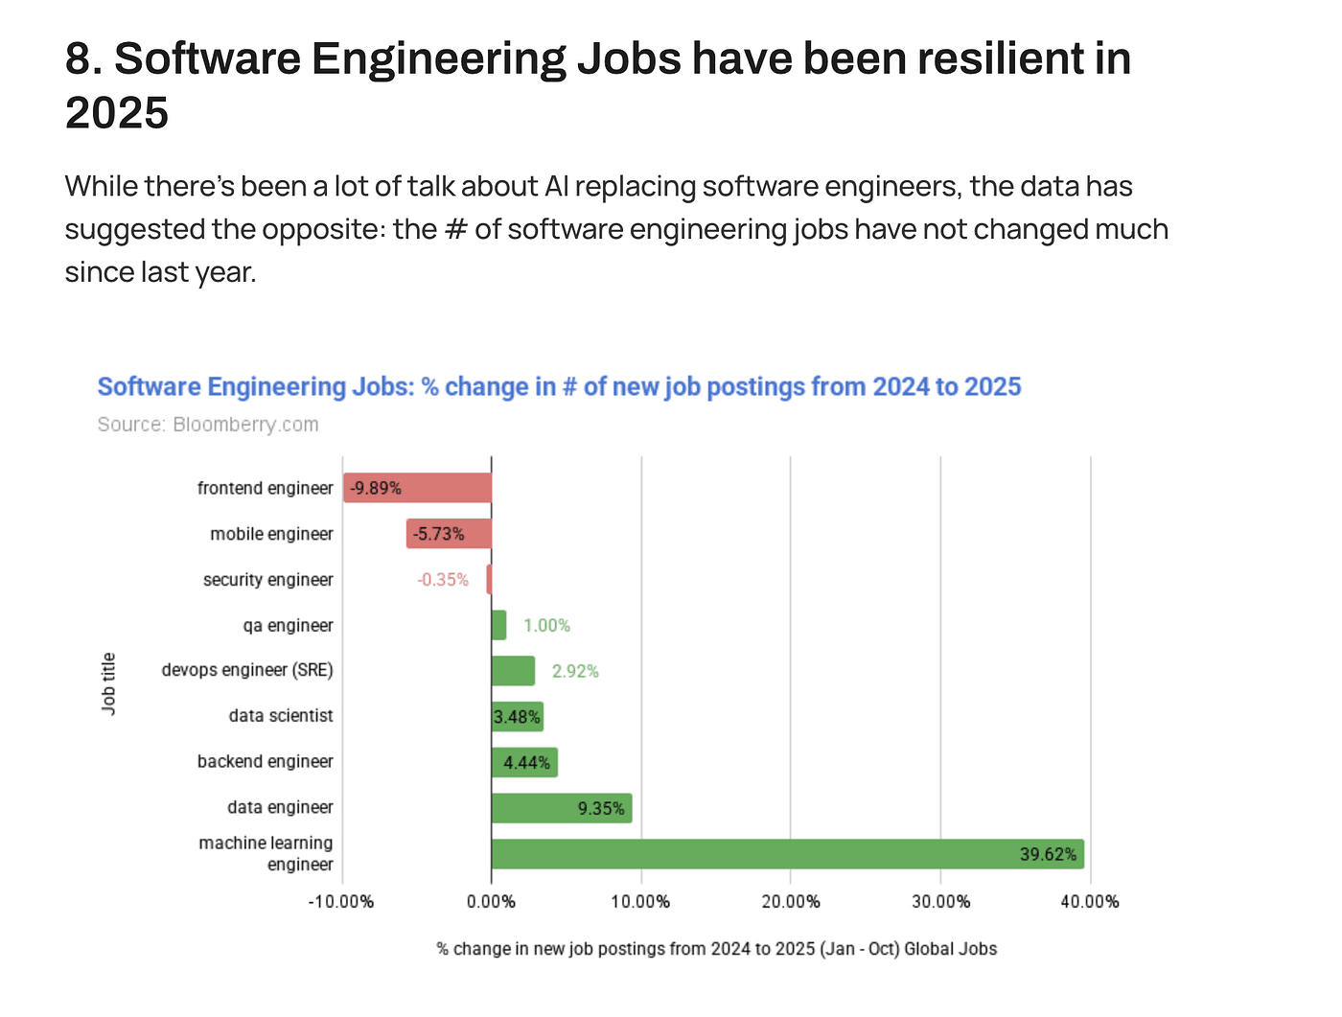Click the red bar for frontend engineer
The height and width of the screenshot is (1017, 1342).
click(418, 488)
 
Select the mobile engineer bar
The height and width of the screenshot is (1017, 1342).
click(449, 534)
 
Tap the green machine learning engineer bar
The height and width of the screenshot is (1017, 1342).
click(786, 854)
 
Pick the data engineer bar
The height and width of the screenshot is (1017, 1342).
click(561, 808)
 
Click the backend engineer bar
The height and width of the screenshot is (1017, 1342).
click(524, 763)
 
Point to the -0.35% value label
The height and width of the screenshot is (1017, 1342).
click(443, 580)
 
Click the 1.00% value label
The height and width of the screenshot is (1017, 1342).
click(546, 626)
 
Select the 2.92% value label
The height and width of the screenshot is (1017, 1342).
click(575, 671)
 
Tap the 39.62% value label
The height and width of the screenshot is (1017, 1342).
click(1048, 854)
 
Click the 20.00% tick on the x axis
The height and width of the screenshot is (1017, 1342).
click(791, 901)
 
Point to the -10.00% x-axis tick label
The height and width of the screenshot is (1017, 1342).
click(340, 901)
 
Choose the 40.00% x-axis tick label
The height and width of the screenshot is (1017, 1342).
click(1090, 901)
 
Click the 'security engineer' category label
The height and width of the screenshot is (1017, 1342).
click(268, 580)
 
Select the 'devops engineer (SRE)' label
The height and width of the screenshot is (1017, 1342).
click(247, 670)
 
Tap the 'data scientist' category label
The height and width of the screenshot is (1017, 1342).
click(281, 716)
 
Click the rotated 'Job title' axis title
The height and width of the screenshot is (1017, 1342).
click(109, 682)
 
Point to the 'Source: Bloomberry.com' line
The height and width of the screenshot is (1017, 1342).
click(208, 425)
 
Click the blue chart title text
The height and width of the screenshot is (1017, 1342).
click(559, 386)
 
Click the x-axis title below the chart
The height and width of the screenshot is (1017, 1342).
click(717, 949)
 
